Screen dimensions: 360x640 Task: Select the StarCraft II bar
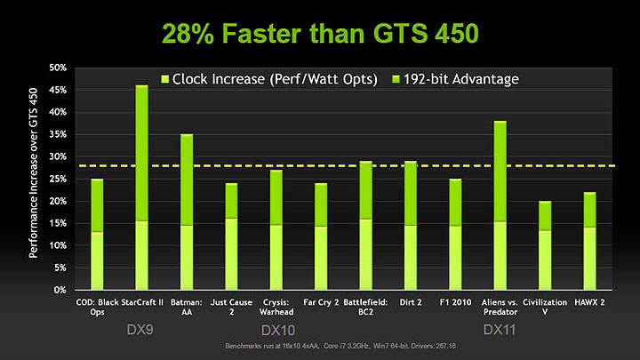click(140, 188)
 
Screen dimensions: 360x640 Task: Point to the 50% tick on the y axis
click(57, 68)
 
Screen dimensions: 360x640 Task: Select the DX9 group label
click(140, 329)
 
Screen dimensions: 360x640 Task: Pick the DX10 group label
click(278, 329)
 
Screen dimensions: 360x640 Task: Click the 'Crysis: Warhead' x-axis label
click(277, 307)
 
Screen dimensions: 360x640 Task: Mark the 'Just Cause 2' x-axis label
click(232, 307)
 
